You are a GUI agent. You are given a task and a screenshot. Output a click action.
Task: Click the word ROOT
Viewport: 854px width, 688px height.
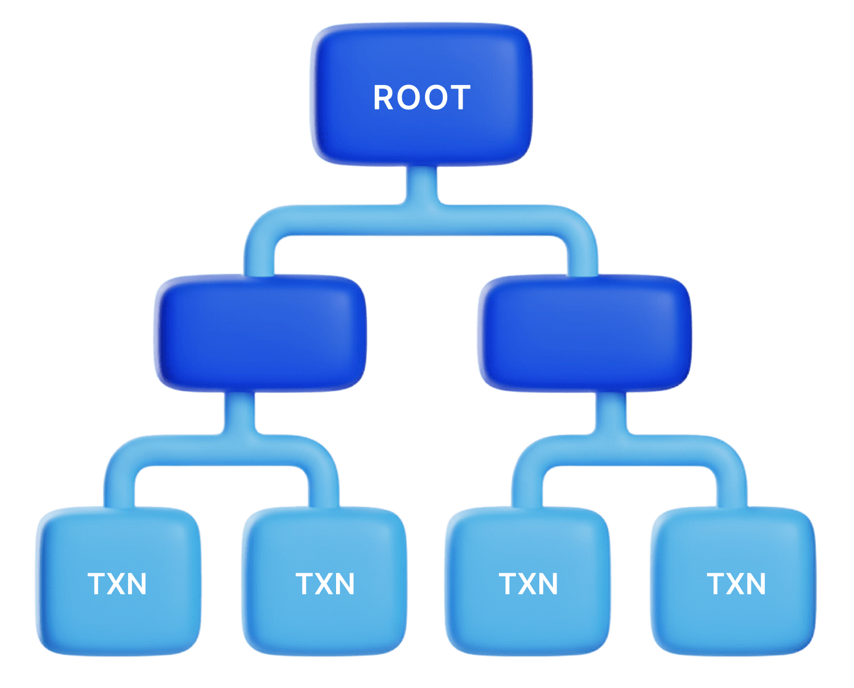(x=422, y=97)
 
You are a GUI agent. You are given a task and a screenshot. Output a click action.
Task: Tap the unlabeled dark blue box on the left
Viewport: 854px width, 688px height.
(x=261, y=334)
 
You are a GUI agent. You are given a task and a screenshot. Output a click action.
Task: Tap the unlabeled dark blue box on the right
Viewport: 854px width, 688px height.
(x=585, y=334)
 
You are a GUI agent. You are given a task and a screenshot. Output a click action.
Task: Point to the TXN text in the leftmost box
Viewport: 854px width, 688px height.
(x=117, y=584)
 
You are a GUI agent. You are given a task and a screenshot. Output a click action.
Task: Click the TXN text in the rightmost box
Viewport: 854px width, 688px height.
(x=736, y=584)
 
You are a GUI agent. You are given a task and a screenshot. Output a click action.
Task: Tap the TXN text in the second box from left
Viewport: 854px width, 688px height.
(x=325, y=584)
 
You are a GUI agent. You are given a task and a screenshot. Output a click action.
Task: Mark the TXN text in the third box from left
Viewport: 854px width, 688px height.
(x=528, y=584)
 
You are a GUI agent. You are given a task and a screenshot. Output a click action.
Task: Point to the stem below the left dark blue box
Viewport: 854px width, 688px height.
(x=240, y=412)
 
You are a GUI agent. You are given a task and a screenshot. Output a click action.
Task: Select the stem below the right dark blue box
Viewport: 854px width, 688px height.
(x=611, y=412)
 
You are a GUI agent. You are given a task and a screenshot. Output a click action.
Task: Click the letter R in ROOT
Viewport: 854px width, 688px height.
(x=383, y=97)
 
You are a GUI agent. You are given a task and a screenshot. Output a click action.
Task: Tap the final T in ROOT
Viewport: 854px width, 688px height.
(x=461, y=97)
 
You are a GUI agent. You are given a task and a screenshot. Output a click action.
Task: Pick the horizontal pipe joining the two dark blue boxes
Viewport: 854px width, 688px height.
(x=422, y=220)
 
